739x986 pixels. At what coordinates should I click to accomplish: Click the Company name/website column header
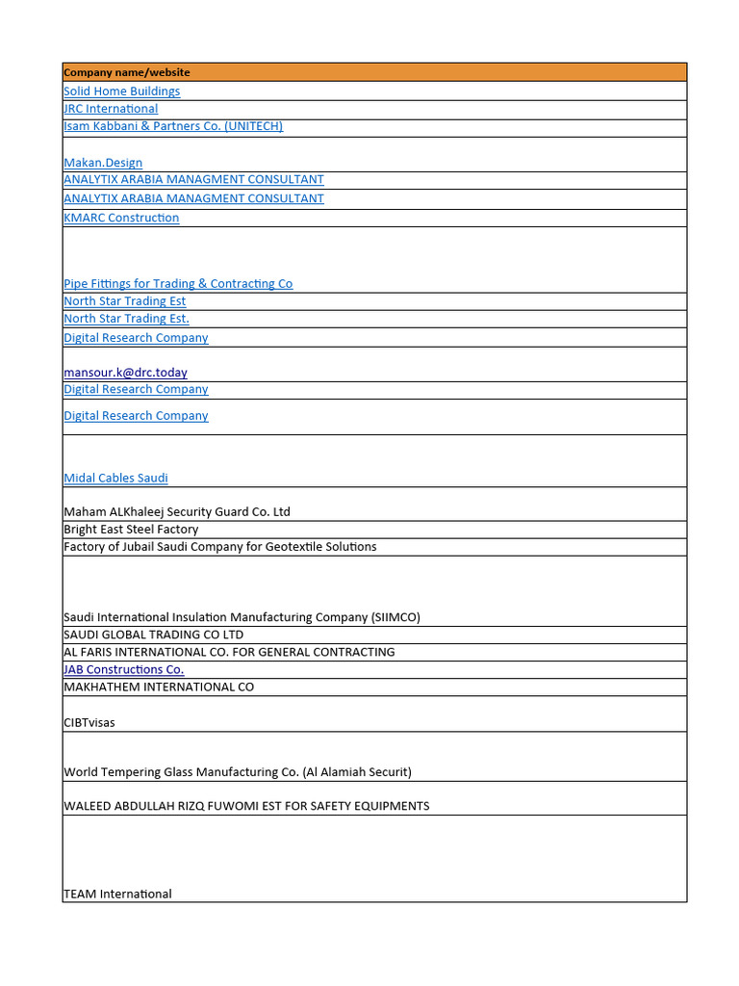tap(126, 72)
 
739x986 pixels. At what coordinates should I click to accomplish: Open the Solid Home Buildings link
tap(121, 91)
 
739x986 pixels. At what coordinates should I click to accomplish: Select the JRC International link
tap(111, 109)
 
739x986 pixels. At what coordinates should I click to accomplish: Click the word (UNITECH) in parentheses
tap(253, 126)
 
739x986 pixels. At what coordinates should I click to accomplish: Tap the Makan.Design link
tap(103, 163)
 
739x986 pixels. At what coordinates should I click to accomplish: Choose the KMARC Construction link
tap(121, 218)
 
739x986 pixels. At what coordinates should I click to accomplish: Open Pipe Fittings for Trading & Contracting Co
tap(178, 284)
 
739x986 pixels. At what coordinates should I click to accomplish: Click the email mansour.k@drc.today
tap(125, 373)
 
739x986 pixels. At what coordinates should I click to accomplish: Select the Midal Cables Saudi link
tap(115, 479)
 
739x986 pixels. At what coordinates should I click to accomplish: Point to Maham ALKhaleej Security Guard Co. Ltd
tap(177, 512)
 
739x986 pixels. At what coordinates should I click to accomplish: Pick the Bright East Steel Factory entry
tap(131, 530)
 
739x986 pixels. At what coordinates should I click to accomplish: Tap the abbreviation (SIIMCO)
tap(395, 617)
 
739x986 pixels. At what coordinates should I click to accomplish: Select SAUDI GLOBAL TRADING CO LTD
tap(153, 635)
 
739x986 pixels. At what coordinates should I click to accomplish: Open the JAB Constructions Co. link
tap(123, 669)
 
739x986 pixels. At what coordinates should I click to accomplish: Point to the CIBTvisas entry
tap(89, 723)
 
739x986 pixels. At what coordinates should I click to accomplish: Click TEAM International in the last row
tap(117, 894)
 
